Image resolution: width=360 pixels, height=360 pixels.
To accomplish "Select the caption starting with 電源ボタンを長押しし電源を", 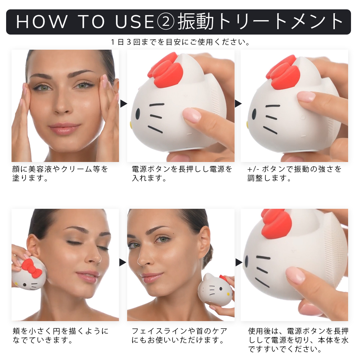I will tap(182, 173).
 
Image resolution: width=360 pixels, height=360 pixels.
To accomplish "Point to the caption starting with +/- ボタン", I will tap(294, 173).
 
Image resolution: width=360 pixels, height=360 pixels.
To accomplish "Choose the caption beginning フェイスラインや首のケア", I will tap(179, 335).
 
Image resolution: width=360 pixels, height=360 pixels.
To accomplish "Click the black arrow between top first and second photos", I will tap(123, 104).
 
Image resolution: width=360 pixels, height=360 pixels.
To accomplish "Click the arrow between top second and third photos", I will tap(238, 104).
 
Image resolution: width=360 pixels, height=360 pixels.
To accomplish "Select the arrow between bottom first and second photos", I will tap(123, 262).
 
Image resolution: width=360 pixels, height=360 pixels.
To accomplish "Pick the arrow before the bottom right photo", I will tap(238, 262).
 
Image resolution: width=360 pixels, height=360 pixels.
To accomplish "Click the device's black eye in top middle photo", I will tap(138, 114).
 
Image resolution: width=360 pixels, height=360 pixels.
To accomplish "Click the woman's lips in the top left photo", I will tap(64, 128).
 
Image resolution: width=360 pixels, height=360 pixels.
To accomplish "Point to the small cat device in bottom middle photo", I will tap(215, 290).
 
